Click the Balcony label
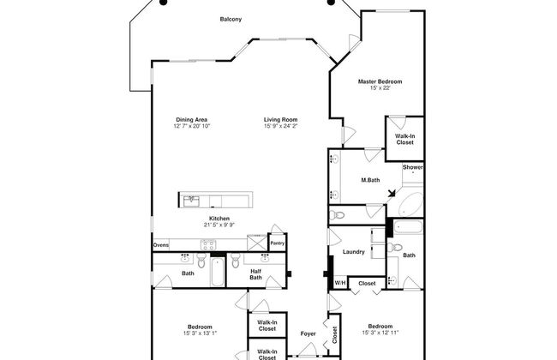point(231,19)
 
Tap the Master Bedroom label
point(380,81)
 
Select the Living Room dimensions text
point(280,126)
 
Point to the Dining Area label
point(191,120)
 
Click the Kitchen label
point(219,219)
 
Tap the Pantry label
point(277,243)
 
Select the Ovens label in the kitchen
point(161,245)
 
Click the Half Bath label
point(255,274)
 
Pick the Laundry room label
point(353,252)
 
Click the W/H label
point(340,283)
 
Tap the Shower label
point(412,167)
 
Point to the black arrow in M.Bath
point(392,193)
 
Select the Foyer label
point(308,333)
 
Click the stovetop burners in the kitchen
point(208,245)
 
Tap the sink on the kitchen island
point(191,201)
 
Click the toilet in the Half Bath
point(235,261)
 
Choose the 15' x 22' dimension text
point(380,87)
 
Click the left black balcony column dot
point(163,2)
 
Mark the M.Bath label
point(370,180)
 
